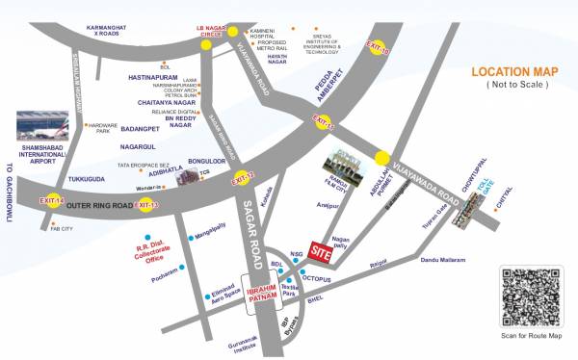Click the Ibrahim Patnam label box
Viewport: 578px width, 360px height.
[263, 296]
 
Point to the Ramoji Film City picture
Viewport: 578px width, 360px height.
[344, 169]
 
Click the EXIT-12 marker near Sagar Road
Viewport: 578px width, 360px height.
[243, 177]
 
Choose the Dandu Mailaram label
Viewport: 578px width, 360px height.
[443, 261]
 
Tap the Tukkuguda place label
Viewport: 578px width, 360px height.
[87, 179]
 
